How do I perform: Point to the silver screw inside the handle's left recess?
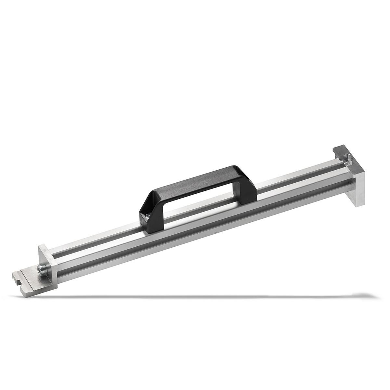(147, 215)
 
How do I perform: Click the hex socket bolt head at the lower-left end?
(41, 269)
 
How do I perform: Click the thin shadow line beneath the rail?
(195, 296)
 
